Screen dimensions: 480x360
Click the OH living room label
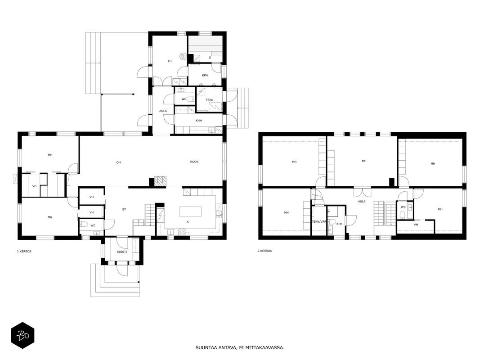click(x=118, y=162)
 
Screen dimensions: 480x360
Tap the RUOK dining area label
click(x=194, y=162)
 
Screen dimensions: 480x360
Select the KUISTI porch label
click(x=122, y=252)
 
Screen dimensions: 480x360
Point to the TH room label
click(x=170, y=61)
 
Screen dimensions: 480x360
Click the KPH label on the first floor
click(x=205, y=75)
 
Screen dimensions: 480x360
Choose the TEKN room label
click(x=210, y=100)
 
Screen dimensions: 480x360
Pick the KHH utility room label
click(x=199, y=121)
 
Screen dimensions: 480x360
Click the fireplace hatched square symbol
click(x=160, y=181)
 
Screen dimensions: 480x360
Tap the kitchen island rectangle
click(x=190, y=211)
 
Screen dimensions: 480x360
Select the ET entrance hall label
click(x=124, y=209)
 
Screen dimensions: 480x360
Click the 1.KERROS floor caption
click(x=24, y=252)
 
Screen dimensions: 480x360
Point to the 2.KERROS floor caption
click(x=265, y=251)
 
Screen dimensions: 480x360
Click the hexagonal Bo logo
click(x=22, y=335)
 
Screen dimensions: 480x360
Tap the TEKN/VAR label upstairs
click(x=319, y=222)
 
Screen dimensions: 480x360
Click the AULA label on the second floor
click(x=362, y=202)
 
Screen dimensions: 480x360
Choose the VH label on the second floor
click(x=416, y=225)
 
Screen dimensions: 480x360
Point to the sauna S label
click(x=210, y=58)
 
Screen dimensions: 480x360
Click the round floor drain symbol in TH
click(x=183, y=56)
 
